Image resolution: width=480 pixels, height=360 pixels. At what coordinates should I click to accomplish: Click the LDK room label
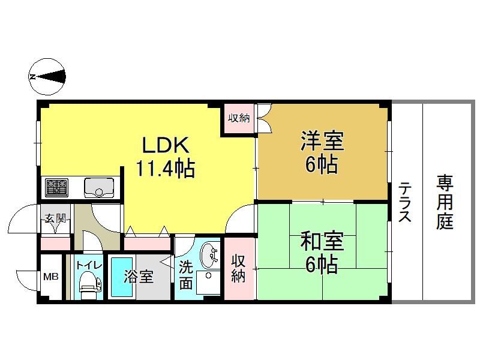pyautogui.click(x=166, y=145)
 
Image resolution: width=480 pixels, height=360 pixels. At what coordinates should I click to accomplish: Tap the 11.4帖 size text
pyautogui.click(x=166, y=169)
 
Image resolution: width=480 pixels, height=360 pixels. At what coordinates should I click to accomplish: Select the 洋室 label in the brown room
pyautogui.click(x=322, y=141)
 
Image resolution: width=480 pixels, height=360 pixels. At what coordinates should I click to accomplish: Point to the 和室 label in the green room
pyautogui.click(x=322, y=241)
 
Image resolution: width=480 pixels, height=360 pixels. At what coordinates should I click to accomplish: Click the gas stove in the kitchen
pyautogui.click(x=56, y=188)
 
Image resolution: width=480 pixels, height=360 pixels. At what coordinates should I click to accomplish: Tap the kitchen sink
pyautogui.click(x=98, y=188)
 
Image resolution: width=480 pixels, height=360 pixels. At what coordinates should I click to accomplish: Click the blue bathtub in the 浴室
pyautogui.click(x=122, y=278)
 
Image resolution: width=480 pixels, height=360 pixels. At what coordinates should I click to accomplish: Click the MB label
pyautogui.click(x=51, y=277)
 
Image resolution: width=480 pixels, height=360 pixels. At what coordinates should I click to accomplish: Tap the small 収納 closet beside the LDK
pyautogui.click(x=239, y=118)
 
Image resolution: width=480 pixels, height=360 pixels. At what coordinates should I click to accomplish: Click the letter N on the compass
pyautogui.click(x=32, y=77)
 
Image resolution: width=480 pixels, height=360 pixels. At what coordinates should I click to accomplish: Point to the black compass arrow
pyautogui.click(x=52, y=77)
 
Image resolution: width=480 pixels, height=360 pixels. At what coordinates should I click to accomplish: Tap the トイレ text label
pyautogui.click(x=89, y=265)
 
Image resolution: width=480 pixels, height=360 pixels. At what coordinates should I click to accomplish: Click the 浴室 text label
pyautogui.click(x=139, y=277)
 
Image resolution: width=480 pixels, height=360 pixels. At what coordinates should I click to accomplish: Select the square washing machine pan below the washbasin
pyautogui.click(x=208, y=283)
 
